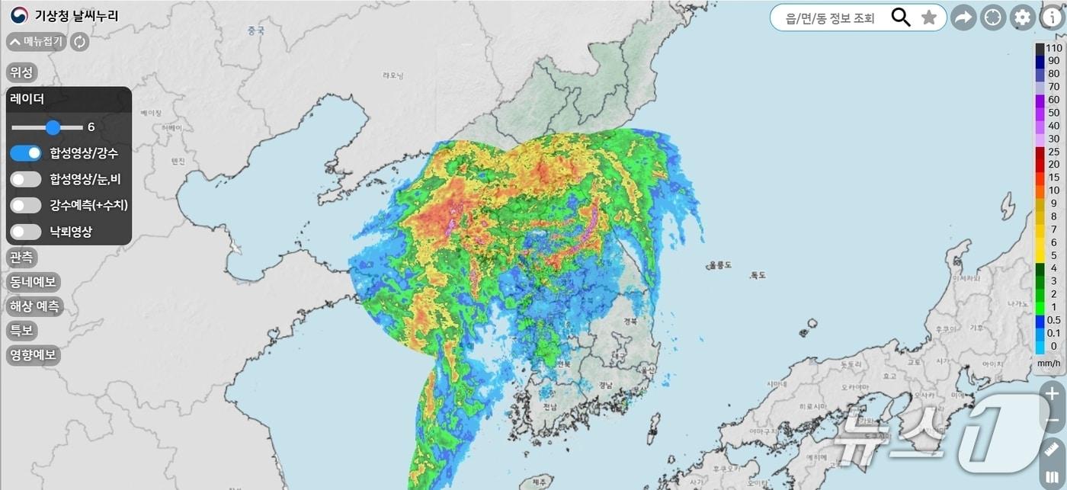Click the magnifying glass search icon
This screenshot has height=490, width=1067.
click(901, 18)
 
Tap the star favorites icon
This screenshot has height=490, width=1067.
click(928, 18)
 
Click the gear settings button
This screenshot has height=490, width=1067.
click(1022, 18)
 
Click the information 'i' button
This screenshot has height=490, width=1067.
click(1052, 18)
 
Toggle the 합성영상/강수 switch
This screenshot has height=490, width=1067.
click(26, 153)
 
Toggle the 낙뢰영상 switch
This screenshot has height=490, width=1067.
click(26, 232)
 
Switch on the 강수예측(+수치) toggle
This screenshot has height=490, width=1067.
click(26, 205)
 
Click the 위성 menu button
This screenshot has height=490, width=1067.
click(21, 72)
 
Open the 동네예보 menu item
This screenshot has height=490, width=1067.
click(33, 282)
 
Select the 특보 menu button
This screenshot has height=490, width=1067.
click(21, 331)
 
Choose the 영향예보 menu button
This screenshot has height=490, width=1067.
click(33, 355)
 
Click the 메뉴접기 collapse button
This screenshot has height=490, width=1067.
click(36, 42)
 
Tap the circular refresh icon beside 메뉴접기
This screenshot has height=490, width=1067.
click(79, 42)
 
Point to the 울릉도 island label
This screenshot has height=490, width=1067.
click(720, 265)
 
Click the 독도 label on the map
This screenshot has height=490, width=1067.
click(757, 275)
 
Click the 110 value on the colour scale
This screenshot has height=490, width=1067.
click(1054, 47)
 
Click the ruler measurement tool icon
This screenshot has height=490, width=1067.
click(1053, 450)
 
